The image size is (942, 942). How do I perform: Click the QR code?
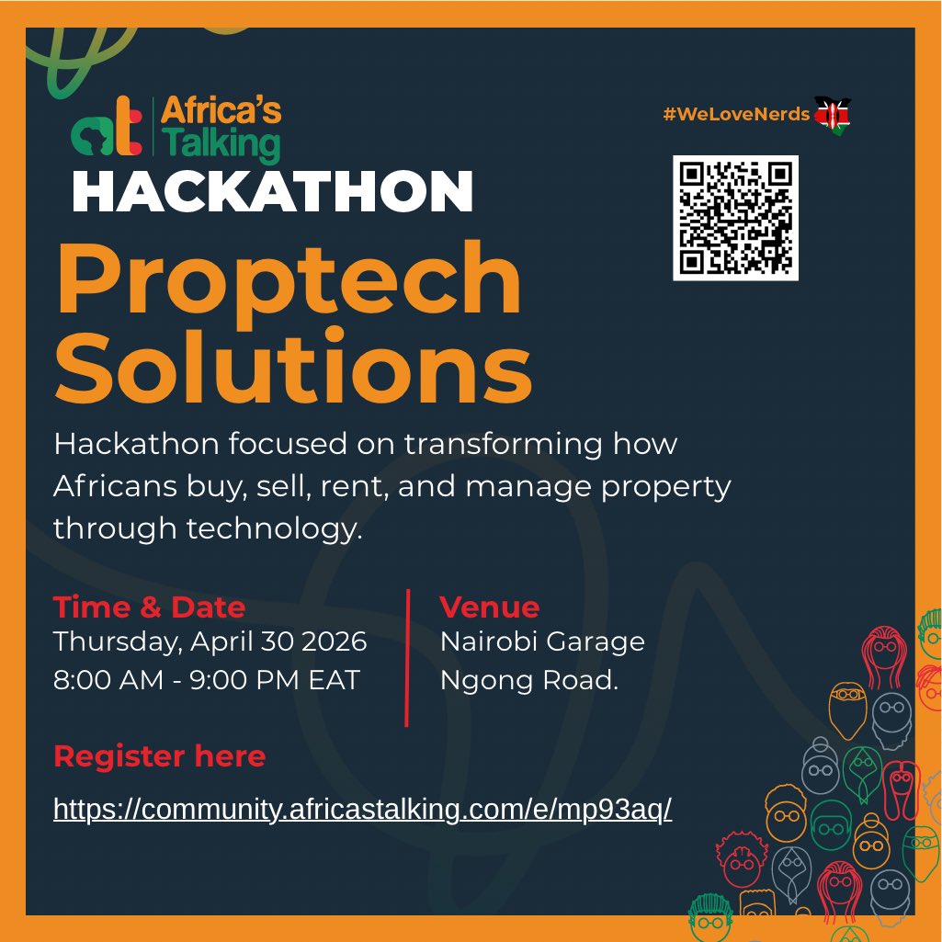point(735,218)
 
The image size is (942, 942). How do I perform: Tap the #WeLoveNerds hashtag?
point(736,114)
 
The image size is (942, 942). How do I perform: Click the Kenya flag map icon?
point(833,114)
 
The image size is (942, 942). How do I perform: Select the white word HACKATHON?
point(272,192)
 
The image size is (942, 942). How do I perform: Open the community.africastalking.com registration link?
point(363,809)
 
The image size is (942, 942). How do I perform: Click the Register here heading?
point(159,756)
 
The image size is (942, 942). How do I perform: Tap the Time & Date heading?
point(149,607)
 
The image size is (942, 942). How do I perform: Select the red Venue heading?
point(489,607)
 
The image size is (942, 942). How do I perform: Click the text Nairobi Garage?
point(542,641)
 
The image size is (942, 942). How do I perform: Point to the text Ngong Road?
point(528,682)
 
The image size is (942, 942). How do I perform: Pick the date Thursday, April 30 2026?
point(210,641)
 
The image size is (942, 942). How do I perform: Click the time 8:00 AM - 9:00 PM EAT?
point(207,682)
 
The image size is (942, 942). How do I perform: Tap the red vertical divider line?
point(407,657)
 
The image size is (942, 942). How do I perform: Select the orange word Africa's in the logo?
point(221,112)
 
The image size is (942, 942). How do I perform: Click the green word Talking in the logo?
point(221,145)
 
